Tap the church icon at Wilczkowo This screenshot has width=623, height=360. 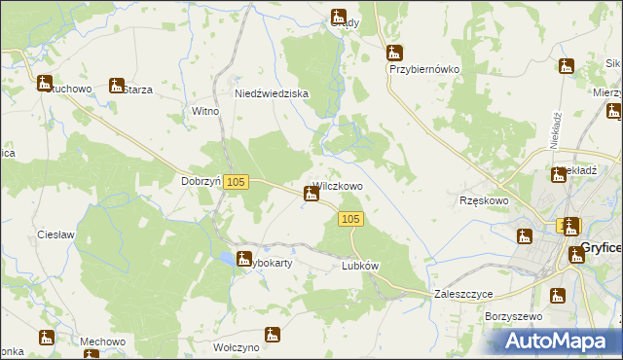pyautogui.click(x=311, y=194)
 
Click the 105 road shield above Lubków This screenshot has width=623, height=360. pyautogui.click(x=352, y=221)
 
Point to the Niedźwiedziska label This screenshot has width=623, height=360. pyautogui.click(x=272, y=93)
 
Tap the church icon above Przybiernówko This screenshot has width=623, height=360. pyautogui.click(x=393, y=53)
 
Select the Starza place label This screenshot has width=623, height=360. pyautogui.click(x=137, y=90)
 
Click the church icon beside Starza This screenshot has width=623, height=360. pyautogui.click(x=117, y=85)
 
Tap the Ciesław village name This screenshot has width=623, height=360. pyautogui.click(x=55, y=234)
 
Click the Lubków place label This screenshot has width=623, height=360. pyautogui.click(x=360, y=266)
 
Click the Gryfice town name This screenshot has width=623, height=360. pyautogui.click(x=603, y=247)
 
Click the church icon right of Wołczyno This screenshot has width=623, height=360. pyautogui.click(x=273, y=335)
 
